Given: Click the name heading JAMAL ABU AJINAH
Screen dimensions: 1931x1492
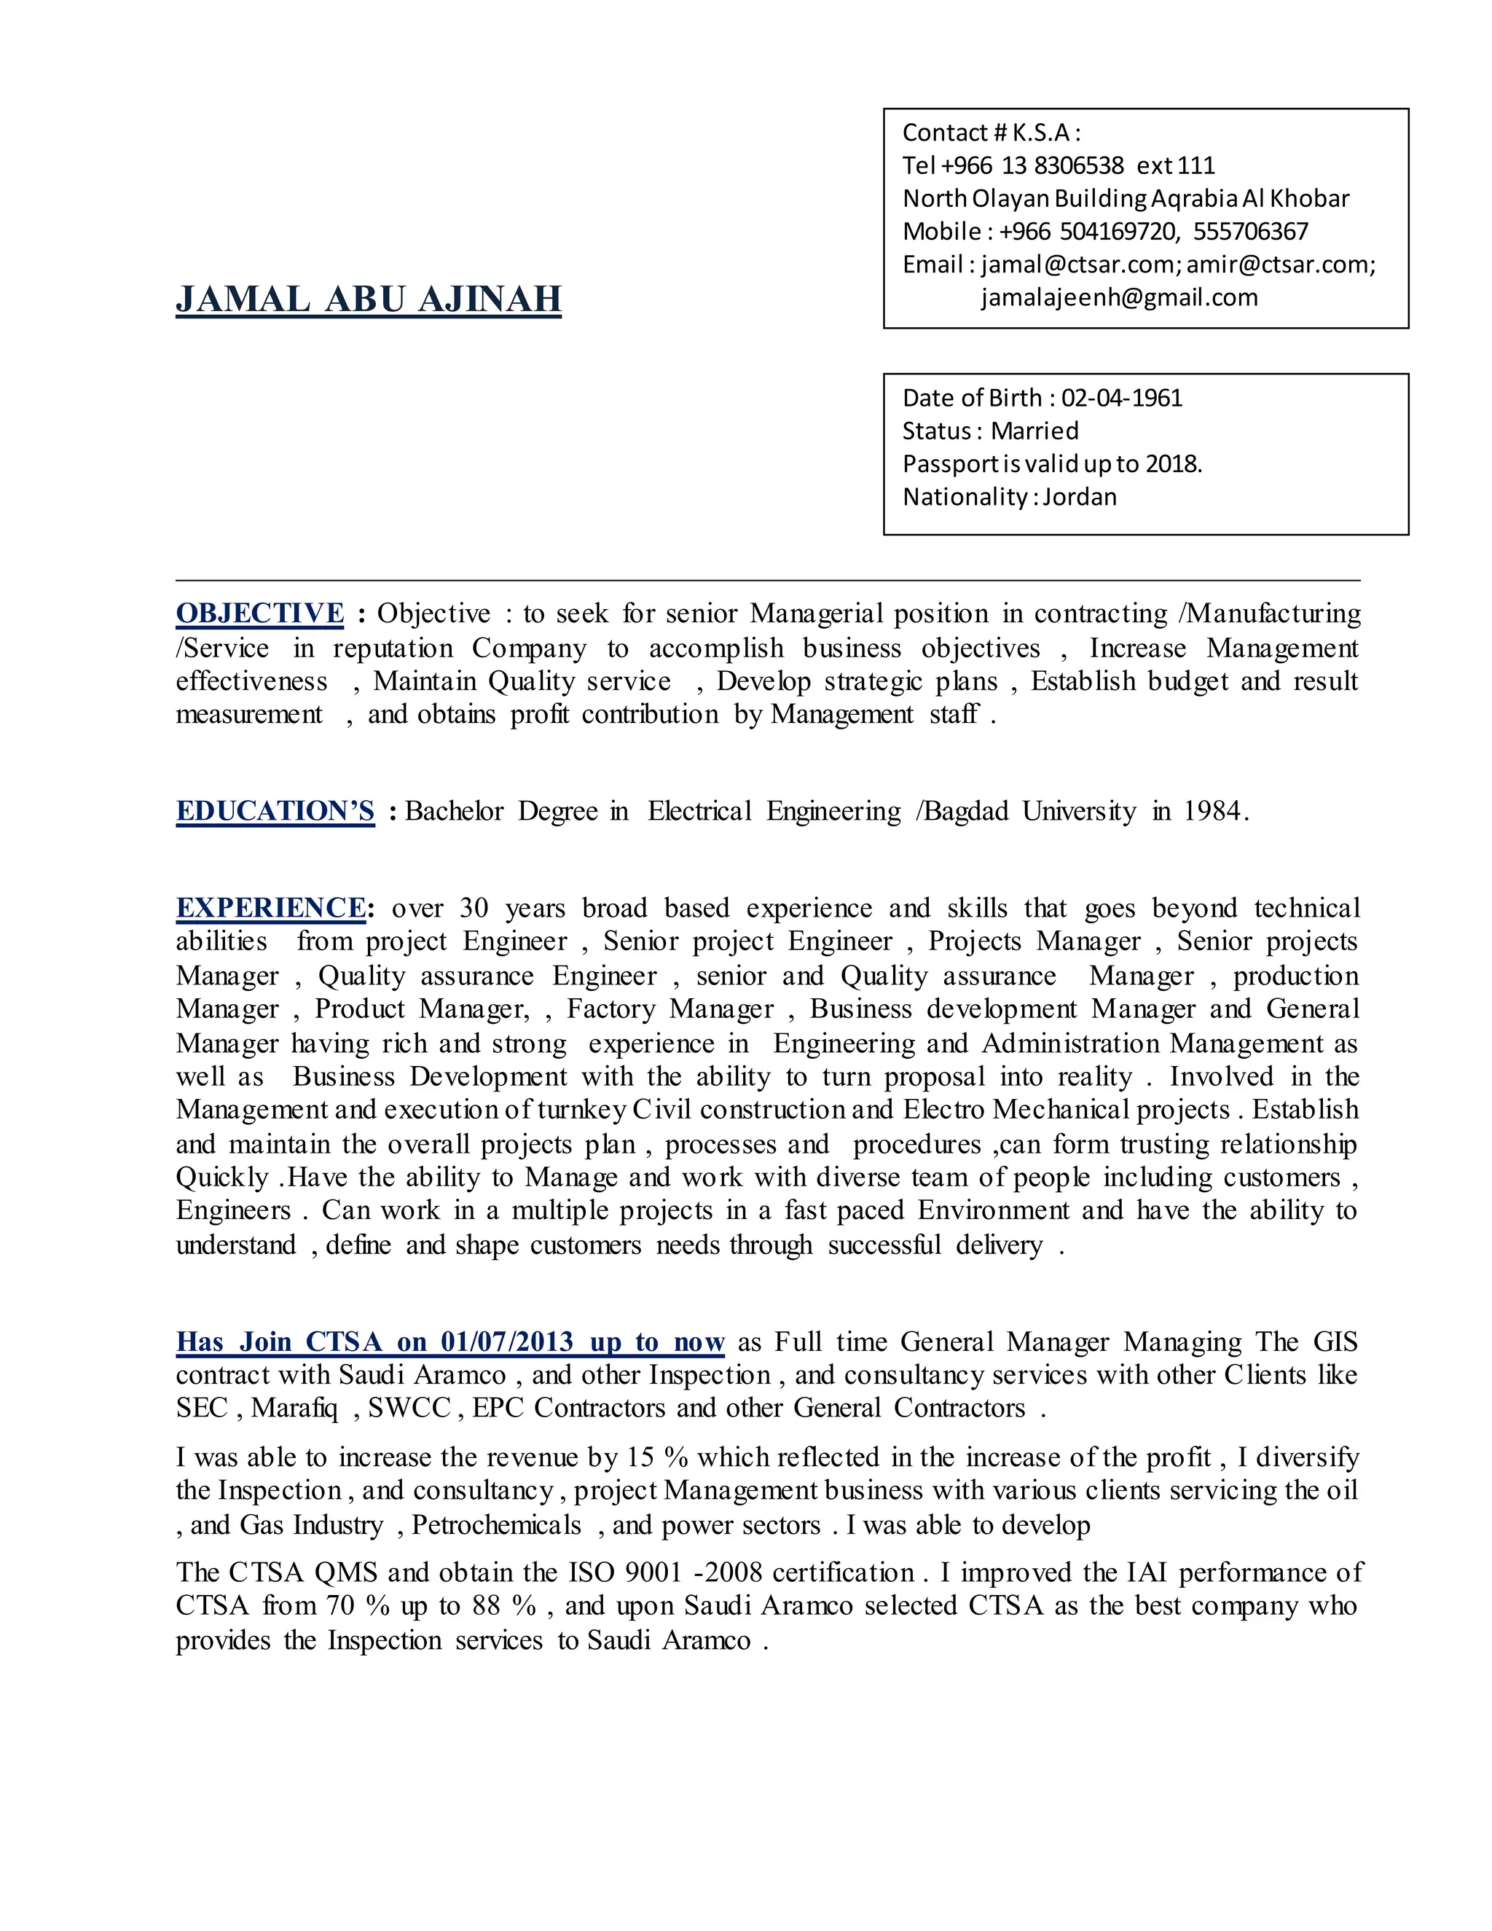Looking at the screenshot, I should point(368,299).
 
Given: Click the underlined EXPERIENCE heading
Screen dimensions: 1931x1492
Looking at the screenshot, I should point(270,909).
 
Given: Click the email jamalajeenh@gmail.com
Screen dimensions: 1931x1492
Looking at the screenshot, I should point(1119,298).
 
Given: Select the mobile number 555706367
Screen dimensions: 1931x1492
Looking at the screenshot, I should point(1250,232).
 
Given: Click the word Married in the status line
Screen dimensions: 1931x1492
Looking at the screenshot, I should point(1034,431).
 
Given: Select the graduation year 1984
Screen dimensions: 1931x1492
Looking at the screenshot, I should point(1214,812).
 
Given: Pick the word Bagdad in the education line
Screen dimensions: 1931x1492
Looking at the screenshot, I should point(965,812).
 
